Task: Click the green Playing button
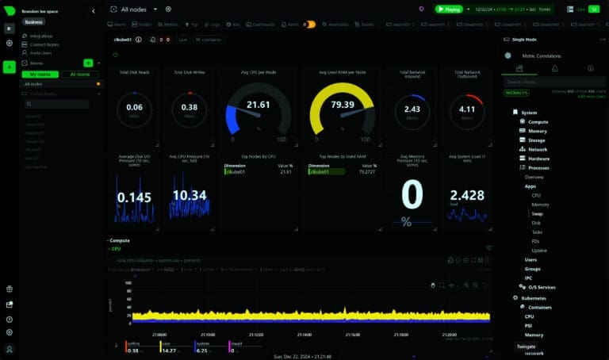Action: click(x=450, y=9)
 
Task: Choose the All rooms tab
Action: click(x=80, y=74)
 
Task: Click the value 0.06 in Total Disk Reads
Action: click(x=135, y=108)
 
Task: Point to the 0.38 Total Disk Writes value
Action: click(x=190, y=108)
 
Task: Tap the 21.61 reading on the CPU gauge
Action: click(x=258, y=105)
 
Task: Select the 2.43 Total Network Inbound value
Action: click(x=412, y=109)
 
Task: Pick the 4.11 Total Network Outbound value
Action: click(x=467, y=109)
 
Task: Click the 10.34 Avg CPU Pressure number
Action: click(x=190, y=195)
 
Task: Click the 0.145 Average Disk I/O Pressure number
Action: click(x=135, y=197)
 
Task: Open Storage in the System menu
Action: click(x=538, y=140)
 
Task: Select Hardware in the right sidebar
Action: click(x=539, y=158)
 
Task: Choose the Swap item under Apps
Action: click(x=537, y=214)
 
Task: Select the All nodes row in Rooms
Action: click(x=34, y=83)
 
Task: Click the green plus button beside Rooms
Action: click(x=88, y=62)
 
